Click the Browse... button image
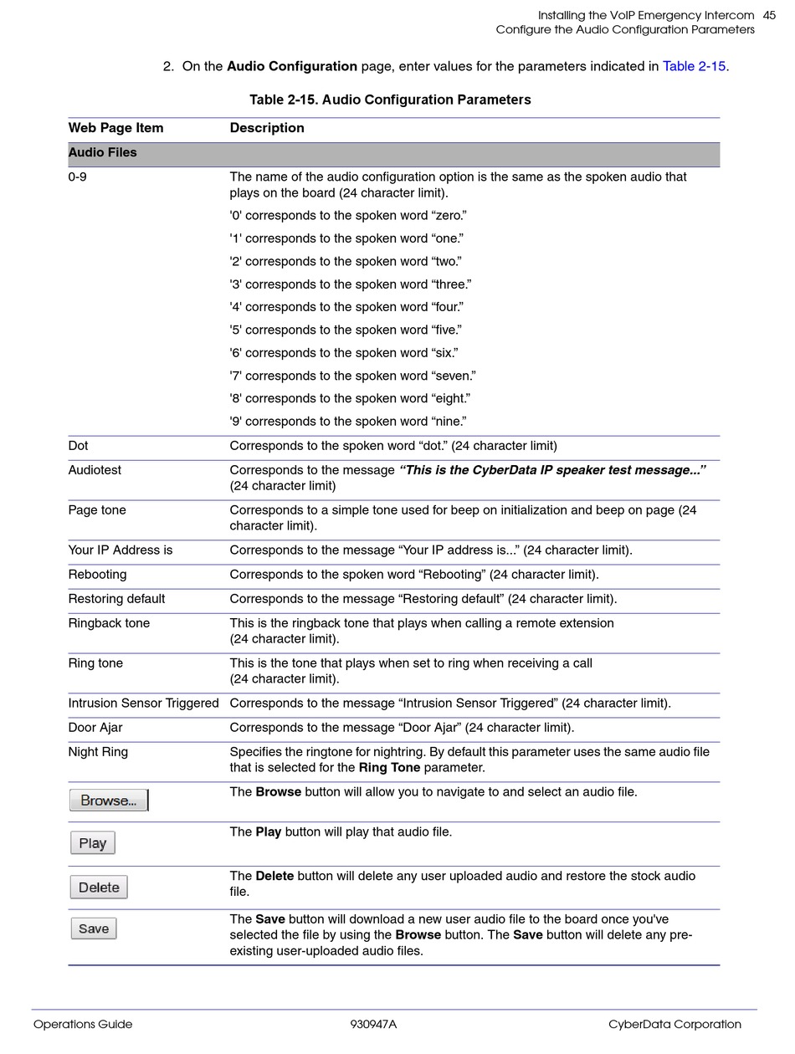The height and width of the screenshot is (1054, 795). tap(108, 801)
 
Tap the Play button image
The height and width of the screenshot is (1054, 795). tap(92, 843)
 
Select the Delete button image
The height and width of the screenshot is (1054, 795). tap(99, 888)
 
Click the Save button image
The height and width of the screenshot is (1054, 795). tap(94, 929)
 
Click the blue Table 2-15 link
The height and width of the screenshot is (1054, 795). tap(694, 66)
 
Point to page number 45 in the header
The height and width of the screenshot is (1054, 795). tap(769, 15)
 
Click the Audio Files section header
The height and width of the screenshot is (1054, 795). tap(102, 152)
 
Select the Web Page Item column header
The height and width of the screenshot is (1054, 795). tap(115, 128)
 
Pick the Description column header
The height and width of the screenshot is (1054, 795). tap(267, 128)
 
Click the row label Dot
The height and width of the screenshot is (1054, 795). tap(78, 446)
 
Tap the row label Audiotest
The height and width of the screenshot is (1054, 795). tap(95, 470)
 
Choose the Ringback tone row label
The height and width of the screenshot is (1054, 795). tap(109, 623)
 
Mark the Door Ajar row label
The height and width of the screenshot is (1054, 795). tap(95, 728)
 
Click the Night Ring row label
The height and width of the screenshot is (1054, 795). tap(98, 752)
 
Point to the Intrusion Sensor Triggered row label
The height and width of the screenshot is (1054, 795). tap(143, 704)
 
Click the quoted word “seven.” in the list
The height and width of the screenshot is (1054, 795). tap(454, 376)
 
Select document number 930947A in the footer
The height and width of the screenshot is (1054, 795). tap(373, 1024)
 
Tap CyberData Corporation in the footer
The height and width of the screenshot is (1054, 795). tap(674, 1024)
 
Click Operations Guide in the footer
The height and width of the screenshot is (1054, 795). tap(83, 1024)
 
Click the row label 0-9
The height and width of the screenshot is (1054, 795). tap(77, 177)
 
